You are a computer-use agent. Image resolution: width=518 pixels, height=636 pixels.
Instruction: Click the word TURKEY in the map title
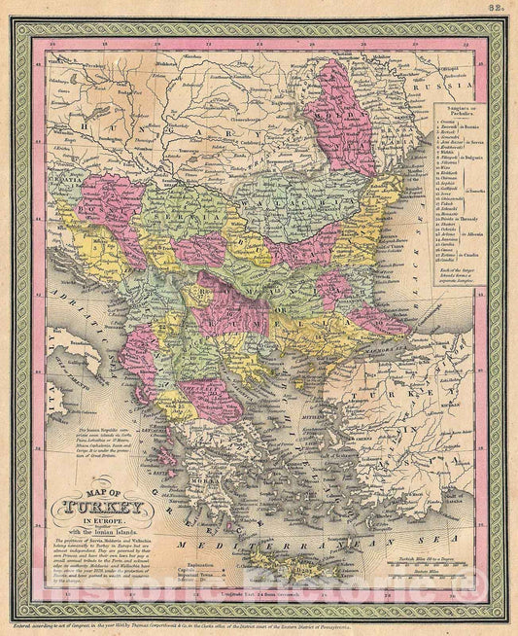(108, 507)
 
